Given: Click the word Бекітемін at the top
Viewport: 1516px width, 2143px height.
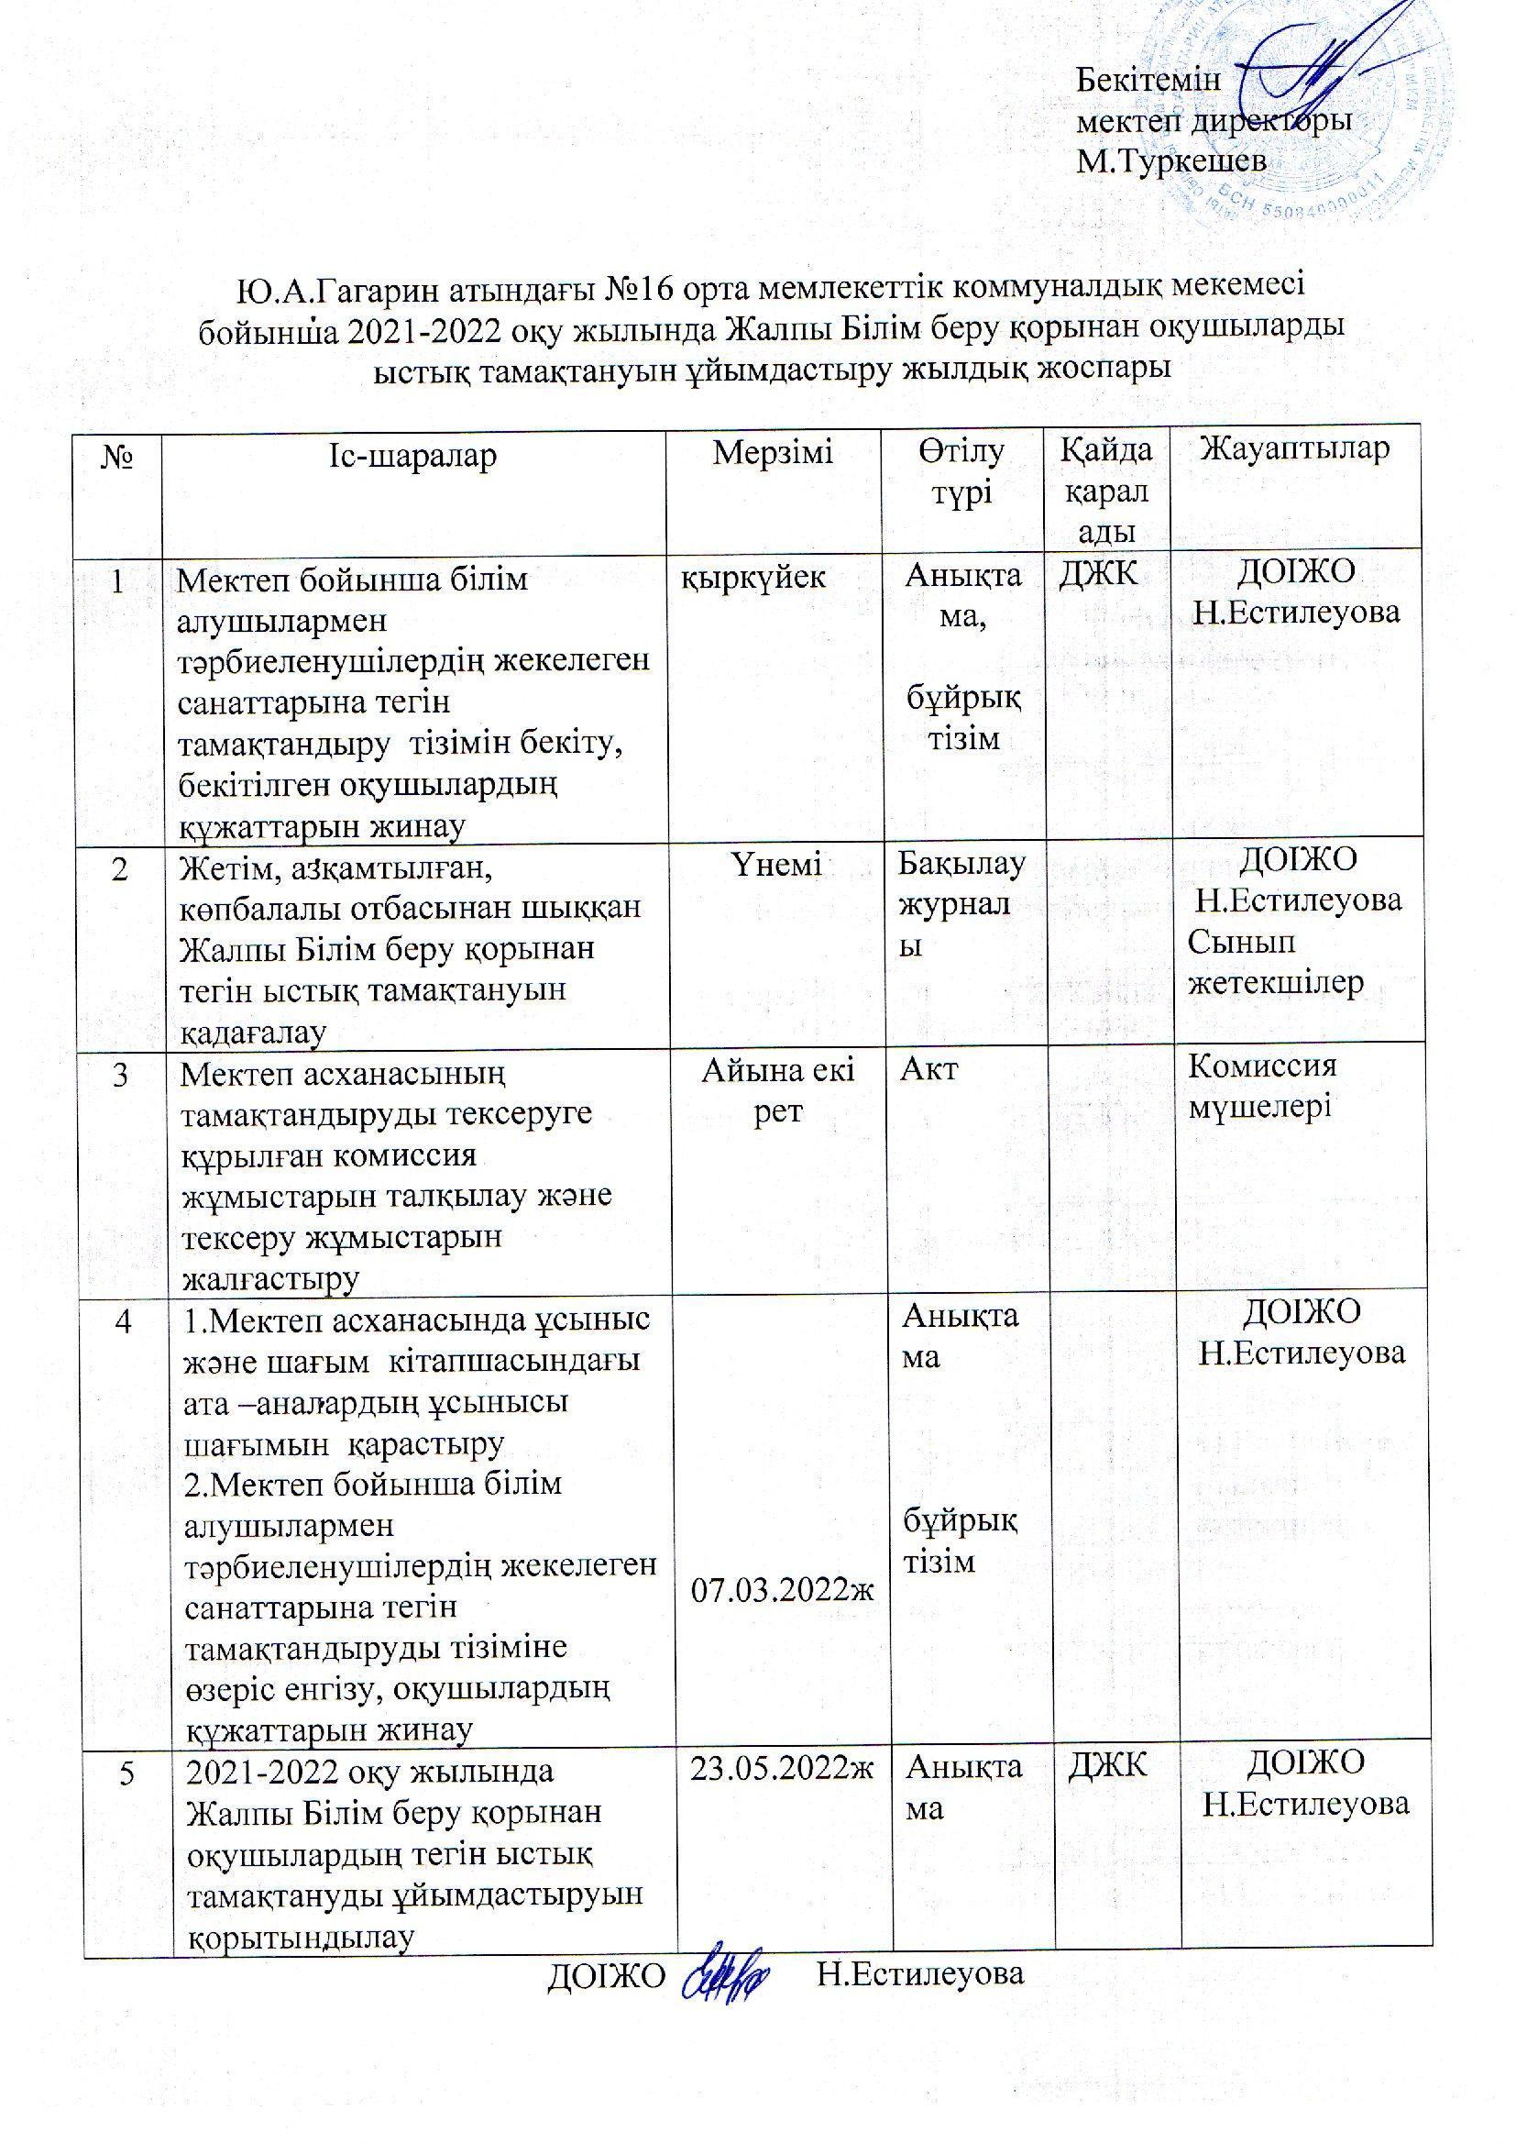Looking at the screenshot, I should (1148, 80).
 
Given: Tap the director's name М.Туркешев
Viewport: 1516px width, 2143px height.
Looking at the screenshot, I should (1171, 161).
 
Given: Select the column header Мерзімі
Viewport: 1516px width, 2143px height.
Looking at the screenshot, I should (773, 453).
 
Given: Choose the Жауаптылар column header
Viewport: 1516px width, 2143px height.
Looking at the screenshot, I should (1295, 449).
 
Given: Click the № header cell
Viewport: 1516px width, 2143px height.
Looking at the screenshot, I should (121, 457).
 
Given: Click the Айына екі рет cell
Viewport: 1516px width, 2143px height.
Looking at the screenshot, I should (777, 1090).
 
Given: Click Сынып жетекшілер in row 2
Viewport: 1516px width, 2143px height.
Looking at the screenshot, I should (1275, 963).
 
